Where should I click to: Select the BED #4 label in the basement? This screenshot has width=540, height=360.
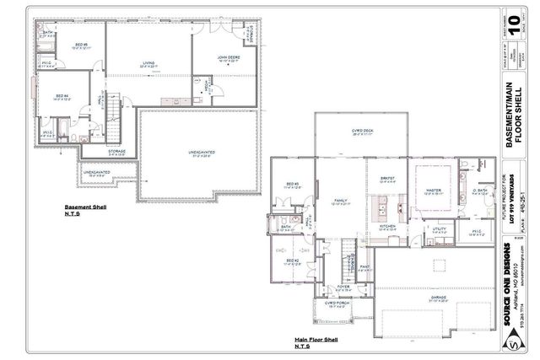click(62, 97)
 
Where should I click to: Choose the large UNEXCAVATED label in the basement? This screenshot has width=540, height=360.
click(200, 153)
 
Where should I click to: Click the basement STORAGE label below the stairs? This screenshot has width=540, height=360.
click(116, 152)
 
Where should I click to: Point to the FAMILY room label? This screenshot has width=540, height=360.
click(340, 201)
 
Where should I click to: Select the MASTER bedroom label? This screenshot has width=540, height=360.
click(434, 191)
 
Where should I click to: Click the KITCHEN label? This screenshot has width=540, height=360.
click(388, 226)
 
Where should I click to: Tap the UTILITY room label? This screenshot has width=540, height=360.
click(439, 228)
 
